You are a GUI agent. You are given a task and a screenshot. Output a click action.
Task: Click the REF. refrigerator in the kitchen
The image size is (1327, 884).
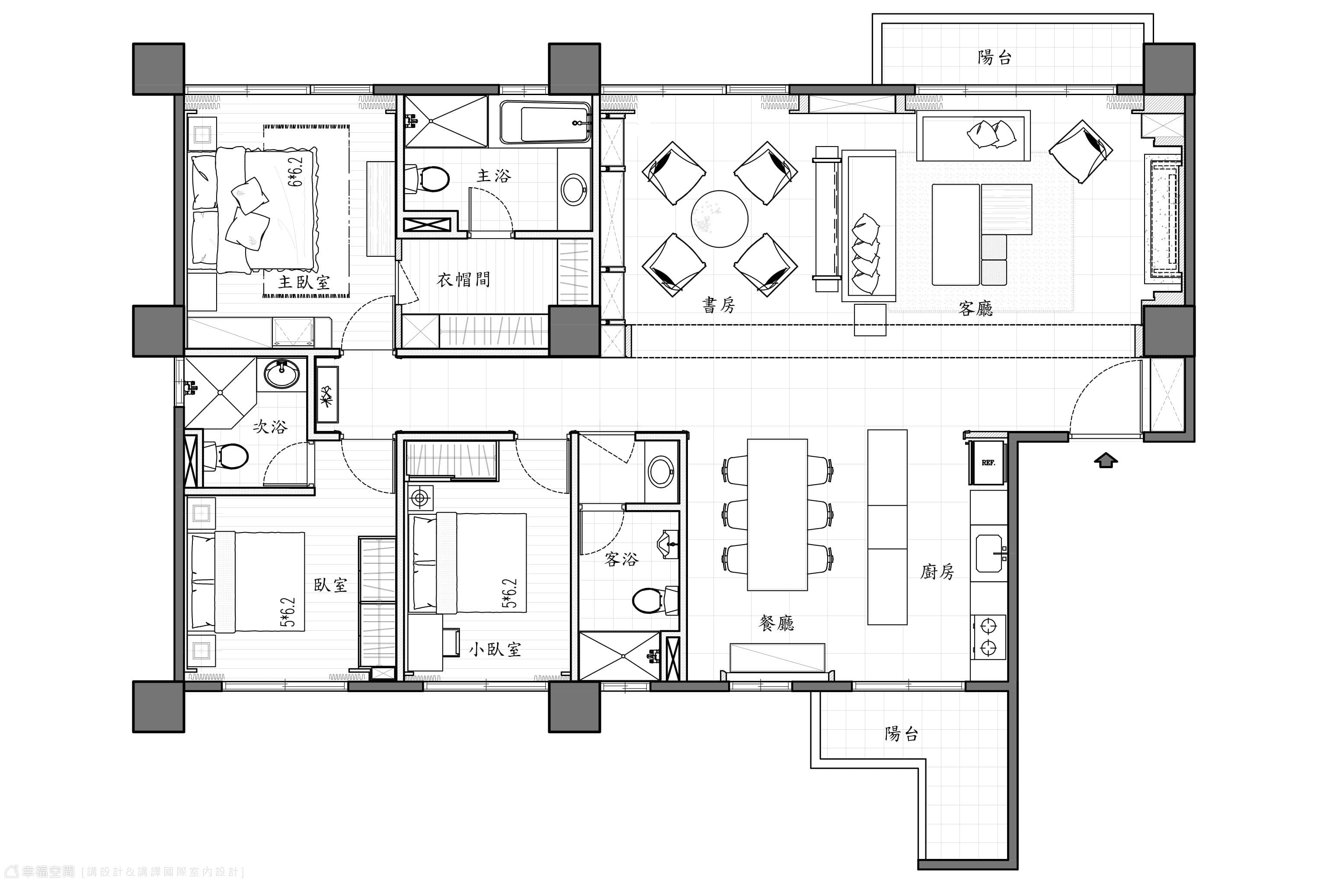point(988,462)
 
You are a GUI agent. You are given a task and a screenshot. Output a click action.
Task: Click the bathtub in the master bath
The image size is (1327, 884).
point(545,122)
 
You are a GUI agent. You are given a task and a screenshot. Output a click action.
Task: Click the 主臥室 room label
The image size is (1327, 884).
point(304,282)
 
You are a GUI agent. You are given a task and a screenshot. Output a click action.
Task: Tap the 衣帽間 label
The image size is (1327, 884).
point(464,279)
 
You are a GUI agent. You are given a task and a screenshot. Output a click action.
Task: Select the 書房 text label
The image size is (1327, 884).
point(719,305)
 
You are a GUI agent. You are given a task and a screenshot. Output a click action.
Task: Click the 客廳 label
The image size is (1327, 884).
point(975,308)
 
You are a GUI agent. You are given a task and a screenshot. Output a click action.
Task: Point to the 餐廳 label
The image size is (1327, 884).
point(777,622)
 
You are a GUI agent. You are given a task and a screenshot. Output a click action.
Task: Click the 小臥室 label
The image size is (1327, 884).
point(495,649)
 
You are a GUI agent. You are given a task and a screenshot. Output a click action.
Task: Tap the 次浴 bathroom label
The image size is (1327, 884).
point(270,426)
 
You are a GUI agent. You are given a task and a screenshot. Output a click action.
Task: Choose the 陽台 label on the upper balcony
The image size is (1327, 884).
point(995,57)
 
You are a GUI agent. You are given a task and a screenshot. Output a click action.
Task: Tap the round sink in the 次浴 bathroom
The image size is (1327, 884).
point(282,373)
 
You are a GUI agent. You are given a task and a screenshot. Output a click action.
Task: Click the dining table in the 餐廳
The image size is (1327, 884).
point(777,514)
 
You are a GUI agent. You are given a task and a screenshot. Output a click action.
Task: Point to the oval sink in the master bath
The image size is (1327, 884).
point(574,189)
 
